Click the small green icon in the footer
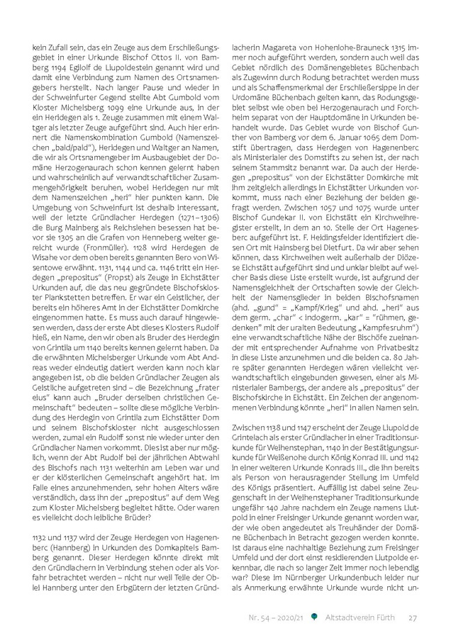coord(315,617)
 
